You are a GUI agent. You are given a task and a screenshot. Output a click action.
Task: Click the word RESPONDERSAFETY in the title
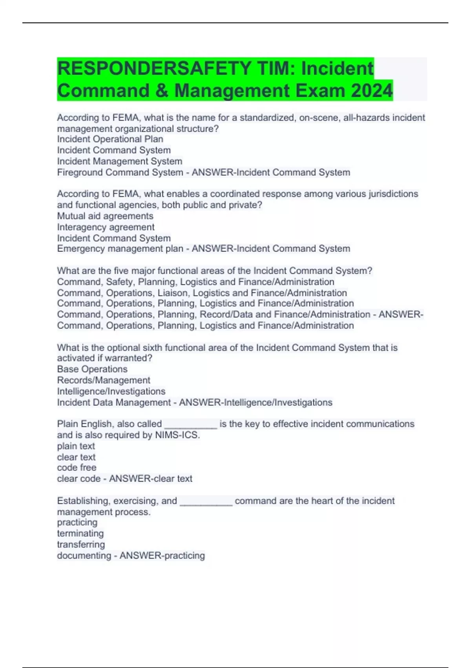(x=155, y=68)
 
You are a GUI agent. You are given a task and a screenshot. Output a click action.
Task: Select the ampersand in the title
(x=161, y=90)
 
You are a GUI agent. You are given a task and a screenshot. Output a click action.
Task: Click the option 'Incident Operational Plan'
(x=110, y=139)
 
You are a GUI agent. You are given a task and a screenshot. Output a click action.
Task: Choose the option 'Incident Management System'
(x=119, y=161)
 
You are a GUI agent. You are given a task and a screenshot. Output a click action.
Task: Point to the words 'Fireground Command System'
(x=120, y=172)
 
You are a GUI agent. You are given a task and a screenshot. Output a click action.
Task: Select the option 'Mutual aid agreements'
(x=105, y=216)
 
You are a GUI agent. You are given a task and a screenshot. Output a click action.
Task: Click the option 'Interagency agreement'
(x=106, y=227)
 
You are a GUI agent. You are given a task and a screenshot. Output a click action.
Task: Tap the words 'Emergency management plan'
(x=120, y=249)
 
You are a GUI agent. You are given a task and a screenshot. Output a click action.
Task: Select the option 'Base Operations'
(x=92, y=369)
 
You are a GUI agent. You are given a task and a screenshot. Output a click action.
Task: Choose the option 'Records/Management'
(x=104, y=380)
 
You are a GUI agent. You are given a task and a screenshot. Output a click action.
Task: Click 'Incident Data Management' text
(x=114, y=402)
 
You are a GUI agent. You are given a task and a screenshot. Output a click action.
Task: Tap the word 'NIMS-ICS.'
(x=177, y=435)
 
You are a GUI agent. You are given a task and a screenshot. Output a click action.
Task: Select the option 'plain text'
(x=76, y=446)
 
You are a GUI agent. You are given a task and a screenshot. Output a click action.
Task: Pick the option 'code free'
(x=77, y=468)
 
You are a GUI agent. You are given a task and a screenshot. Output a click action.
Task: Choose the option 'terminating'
(x=80, y=533)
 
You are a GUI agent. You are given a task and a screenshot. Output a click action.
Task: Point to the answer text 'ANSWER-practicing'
(x=162, y=555)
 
